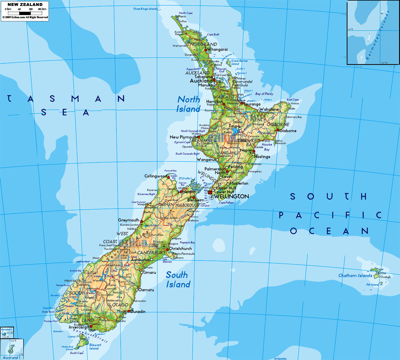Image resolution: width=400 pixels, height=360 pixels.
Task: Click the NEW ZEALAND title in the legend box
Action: tap(25, 5)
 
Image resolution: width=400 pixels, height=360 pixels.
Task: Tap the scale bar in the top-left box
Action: tap(25, 13)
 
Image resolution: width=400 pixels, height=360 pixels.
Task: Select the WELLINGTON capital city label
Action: tap(231, 196)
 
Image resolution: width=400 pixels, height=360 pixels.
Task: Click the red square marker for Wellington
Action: tap(210, 192)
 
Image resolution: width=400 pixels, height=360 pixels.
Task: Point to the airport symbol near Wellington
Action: tap(211, 197)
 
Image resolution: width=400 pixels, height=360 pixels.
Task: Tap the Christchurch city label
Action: tap(180, 249)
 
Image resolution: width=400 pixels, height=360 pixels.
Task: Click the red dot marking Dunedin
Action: tap(129, 311)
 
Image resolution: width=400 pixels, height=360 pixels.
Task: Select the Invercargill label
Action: tap(79, 327)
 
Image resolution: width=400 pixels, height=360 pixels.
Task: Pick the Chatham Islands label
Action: tap(355, 276)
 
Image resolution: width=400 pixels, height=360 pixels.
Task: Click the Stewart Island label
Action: tap(95, 347)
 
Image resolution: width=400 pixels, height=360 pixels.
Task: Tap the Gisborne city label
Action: tap(288, 131)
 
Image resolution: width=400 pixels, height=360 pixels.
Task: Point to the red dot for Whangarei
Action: tap(206, 50)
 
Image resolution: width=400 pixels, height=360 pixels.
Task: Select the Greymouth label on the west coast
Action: tap(129, 220)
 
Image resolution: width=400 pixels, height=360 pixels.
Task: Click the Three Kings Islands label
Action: tap(145, 9)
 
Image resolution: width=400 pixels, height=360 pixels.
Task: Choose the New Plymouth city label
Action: tap(183, 137)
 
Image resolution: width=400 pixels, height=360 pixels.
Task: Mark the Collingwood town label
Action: tap(156, 176)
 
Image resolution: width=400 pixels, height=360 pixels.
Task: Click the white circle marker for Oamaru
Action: tap(137, 290)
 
